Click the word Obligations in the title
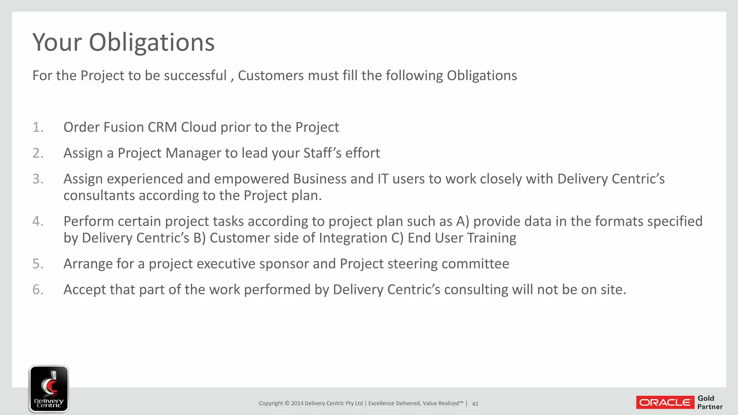(x=152, y=43)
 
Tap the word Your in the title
(x=57, y=43)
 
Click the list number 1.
(x=37, y=127)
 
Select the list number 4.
(x=37, y=221)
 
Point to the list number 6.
(x=37, y=290)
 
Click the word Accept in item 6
(x=85, y=290)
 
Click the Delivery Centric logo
(x=49, y=389)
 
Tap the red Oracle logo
(x=665, y=402)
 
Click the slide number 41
(x=475, y=404)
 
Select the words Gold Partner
(x=710, y=402)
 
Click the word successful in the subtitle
(x=195, y=76)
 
